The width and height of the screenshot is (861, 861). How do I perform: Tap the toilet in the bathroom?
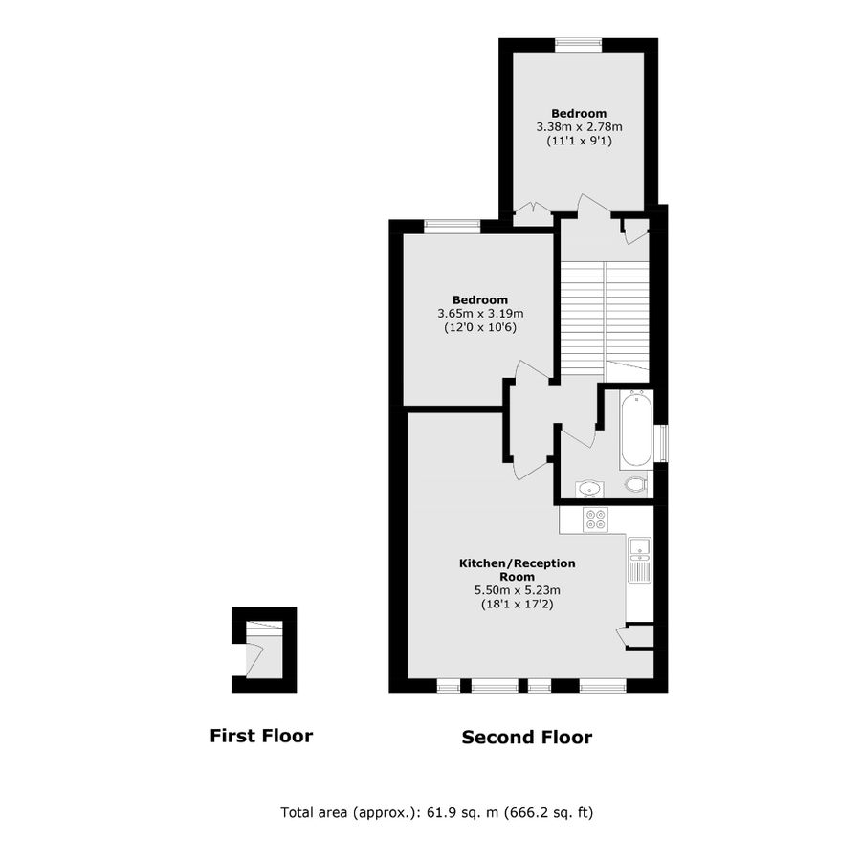click(x=634, y=485)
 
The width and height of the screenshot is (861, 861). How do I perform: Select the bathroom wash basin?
click(x=589, y=490)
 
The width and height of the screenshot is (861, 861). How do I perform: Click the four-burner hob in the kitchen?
click(x=595, y=519)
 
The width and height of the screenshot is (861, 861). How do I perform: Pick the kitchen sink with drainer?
click(x=639, y=559)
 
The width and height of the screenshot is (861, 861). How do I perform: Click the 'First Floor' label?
click(x=261, y=736)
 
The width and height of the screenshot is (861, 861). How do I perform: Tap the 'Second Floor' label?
click(x=526, y=737)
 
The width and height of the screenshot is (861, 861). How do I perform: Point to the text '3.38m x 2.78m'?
click(x=579, y=126)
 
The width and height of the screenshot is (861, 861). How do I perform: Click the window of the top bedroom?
click(x=579, y=42)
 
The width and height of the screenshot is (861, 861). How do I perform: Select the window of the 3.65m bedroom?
click(x=453, y=226)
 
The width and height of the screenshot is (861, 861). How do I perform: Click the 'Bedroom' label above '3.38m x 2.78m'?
click(x=579, y=113)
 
